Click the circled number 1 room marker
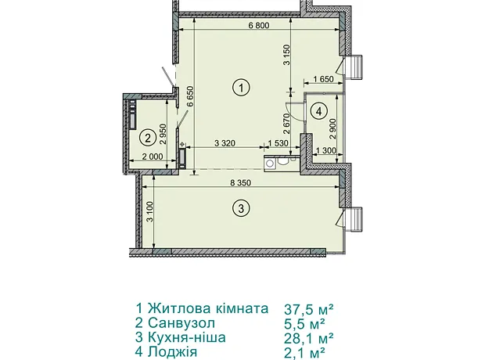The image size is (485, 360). pyautogui.click(x=241, y=88)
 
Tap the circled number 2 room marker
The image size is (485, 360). pyautogui.click(x=148, y=138)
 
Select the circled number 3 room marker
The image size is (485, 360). pyautogui.click(x=241, y=208)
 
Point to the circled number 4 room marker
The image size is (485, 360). pyautogui.click(x=319, y=111)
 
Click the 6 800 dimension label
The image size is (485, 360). pyautogui.click(x=259, y=25)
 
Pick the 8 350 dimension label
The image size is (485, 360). pyautogui.click(x=240, y=183)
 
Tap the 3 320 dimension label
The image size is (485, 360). pyautogui.click(x=225, y=143)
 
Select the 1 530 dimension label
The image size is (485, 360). pyautogui.click(x=278, y=143)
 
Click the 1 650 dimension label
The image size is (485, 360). pyautogui.click(x=324, y=79)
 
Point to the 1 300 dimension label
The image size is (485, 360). pyautogui.click(x=325, y=151)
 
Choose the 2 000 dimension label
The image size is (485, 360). pyautogui.click(x=153, y=157)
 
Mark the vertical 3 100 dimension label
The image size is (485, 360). pyautogui.click(x=150, y=212)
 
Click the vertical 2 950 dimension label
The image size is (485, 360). pyautogui.click(x=163, y=135)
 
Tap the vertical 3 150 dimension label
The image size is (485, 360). pyautogui.click(x=287, y=55)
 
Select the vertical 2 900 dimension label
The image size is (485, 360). pyautogui.click(x=332, y=129)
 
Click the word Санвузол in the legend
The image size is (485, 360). pyautogui.click(x=181, y=323)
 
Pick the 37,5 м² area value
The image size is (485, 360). pyautogui.click(x=309, y=309)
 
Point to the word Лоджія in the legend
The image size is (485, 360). pyautogui.click(x=172, y=352)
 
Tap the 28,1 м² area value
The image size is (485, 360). pyautogui.click(x=309, y=338)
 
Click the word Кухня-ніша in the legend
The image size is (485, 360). pyautogui.click(x=187, y=337)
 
